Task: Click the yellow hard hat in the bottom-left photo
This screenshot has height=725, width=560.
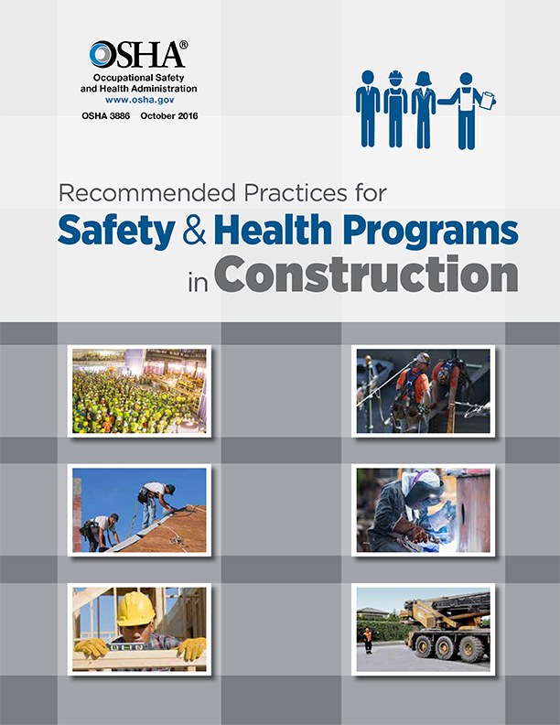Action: pos(135,608)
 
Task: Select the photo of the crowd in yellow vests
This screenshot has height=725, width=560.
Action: pos(140,390)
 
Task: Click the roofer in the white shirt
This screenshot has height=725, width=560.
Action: pos(156,500)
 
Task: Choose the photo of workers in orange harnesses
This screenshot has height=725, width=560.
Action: pos(425,390)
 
